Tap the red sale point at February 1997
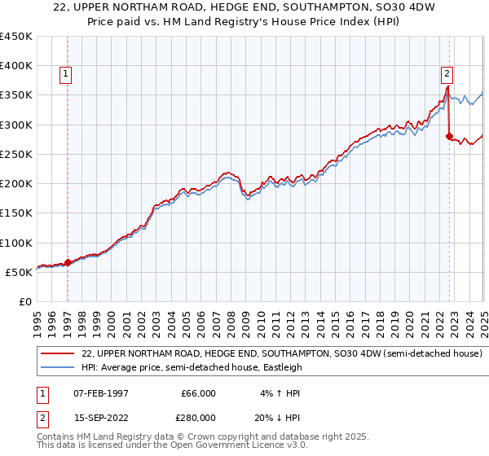point(68,262)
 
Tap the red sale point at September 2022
point(449,137)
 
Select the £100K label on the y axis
point(16,243)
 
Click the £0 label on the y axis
point(24,301)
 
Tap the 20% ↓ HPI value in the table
point(277,418)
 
